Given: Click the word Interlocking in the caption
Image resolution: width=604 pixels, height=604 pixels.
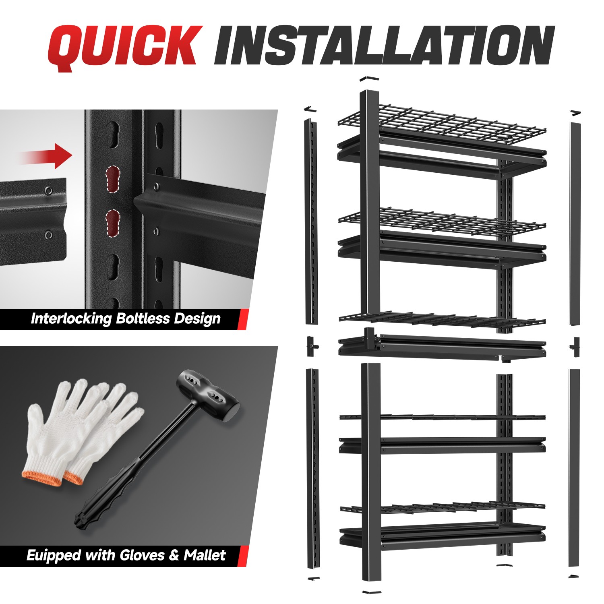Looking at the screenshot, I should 71,319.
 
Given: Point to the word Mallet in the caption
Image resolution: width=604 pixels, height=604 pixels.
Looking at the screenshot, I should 205,555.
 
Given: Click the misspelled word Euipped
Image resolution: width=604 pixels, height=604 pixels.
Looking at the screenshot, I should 54,555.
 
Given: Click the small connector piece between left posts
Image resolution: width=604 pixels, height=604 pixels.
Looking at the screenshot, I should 311,346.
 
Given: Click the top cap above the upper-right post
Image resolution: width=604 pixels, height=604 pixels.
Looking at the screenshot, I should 576,112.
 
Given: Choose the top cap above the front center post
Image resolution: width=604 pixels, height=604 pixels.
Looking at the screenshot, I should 370,79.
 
